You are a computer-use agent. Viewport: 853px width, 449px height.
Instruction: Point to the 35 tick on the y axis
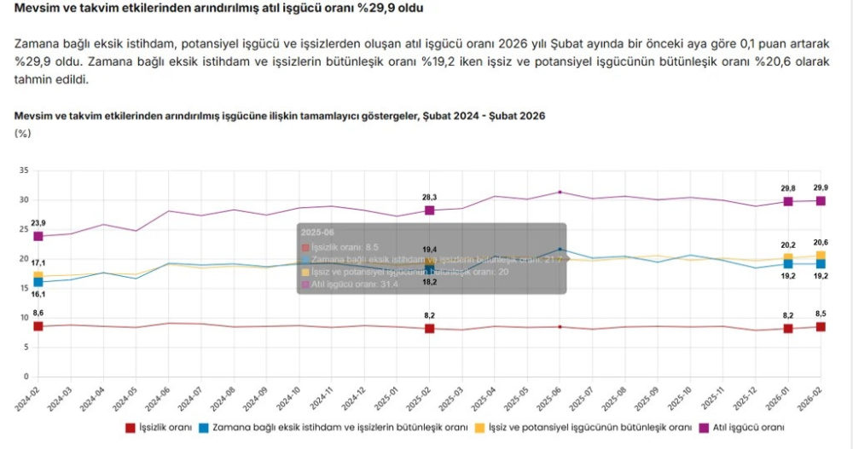[x=24, y=171]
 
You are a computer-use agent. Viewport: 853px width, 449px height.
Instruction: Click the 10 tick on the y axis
[x=24, y=318]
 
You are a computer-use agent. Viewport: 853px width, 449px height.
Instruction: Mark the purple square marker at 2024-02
[x=38, y=236]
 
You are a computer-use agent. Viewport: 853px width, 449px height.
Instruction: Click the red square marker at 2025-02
[x=429, y=328]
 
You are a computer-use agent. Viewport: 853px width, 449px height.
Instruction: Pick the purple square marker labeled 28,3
[x=429, y=210]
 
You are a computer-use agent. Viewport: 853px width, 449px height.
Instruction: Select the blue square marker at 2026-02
[x=821, y=264]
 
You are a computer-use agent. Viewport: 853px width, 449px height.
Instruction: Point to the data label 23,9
[x=38, y=223]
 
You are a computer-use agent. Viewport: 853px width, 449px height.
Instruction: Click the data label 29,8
[x=788, y=188]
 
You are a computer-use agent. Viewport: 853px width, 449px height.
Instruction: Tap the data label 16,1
[x=38, y=294]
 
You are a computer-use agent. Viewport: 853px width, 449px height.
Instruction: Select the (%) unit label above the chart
[x=23, y=133]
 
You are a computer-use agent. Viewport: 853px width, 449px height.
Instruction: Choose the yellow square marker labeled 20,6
[x=821, y=256]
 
